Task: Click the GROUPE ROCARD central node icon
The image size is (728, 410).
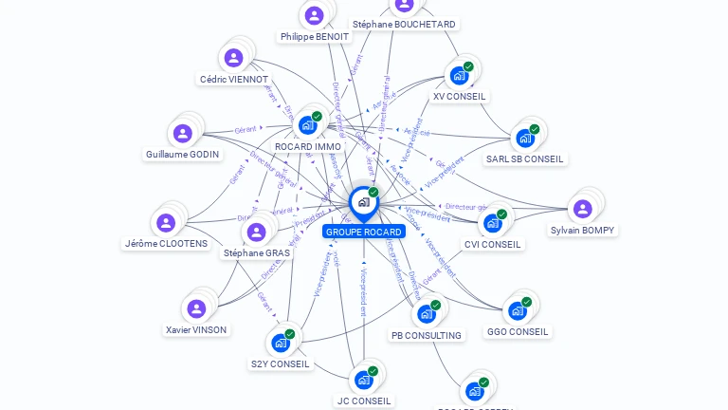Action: (363, 202)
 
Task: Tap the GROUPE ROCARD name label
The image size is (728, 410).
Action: (363, 232)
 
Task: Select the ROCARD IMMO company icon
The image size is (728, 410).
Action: (306, 124)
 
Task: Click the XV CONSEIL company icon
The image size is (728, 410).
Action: (459, 75)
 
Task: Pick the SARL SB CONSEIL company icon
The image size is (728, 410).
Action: (524, 139)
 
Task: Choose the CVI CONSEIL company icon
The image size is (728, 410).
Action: (492, 223)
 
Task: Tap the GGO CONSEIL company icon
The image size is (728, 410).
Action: (517, 310)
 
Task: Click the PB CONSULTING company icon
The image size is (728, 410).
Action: (426, 314)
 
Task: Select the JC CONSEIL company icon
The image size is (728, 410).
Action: (363, 380)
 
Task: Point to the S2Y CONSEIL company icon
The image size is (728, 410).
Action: (280, 343)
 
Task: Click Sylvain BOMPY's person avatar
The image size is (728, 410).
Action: (582, 209)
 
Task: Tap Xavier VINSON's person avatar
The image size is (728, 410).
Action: (196, 308)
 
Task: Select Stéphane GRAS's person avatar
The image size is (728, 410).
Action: (256, 232)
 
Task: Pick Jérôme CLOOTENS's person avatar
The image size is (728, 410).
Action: (166, 223)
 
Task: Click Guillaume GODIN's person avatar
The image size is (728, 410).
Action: (182, 134)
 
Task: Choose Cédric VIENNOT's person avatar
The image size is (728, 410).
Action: (233, 58)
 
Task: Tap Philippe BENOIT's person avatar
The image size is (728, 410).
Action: (314, 15)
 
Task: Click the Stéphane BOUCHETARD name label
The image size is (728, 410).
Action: (404, 24)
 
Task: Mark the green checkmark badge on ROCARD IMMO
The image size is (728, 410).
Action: (317, 116)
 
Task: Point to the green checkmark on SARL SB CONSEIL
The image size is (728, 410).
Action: (535, 129)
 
